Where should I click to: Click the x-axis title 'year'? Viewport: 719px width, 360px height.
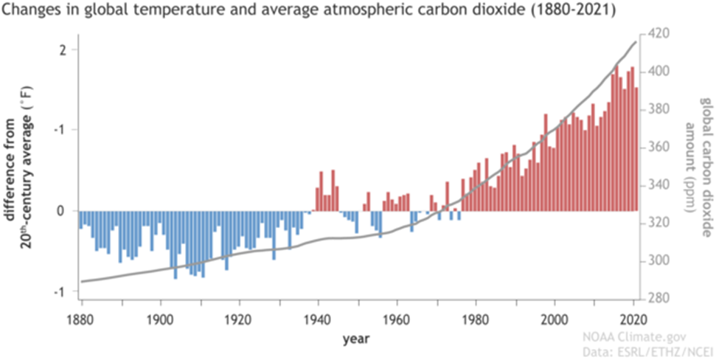pyautogui.click(x=352, y=339)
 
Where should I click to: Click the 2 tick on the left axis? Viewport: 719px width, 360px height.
pyautogui.click(x=63, y=50)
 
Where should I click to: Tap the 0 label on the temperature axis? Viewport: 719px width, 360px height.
pyautogui.click(x=63, y=212)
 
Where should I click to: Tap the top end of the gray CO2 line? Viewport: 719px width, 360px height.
pyautogui.click(x=636, y=41)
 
